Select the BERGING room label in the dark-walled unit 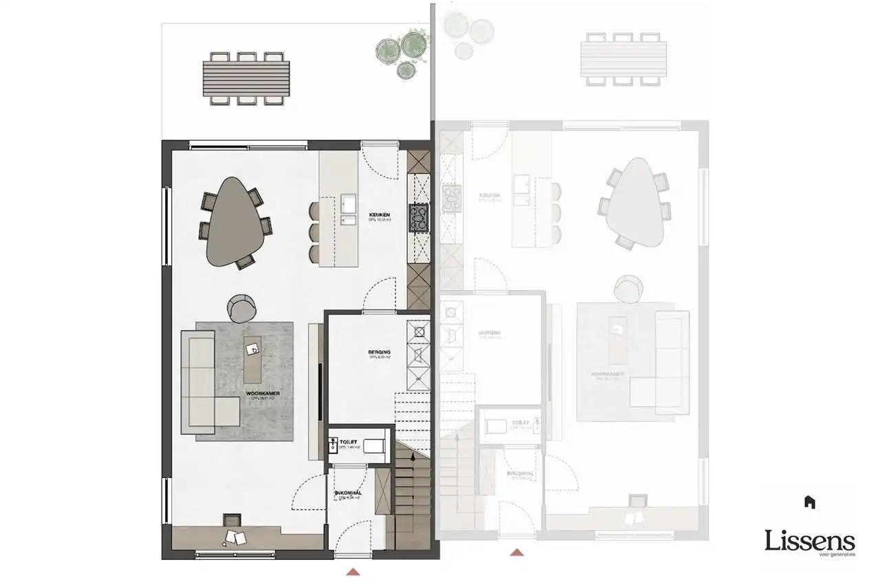[x=379, y=352]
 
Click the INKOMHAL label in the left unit [x=348, y=493]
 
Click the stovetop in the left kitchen [x=418, y=217]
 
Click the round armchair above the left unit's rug [x=241, y=307]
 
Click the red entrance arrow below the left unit [x=353, y=571]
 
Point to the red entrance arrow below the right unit [x=516, y=552]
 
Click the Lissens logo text [x=810, y=541]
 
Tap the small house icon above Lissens [x=810, y=502]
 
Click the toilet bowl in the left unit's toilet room [x=373, y=446]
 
